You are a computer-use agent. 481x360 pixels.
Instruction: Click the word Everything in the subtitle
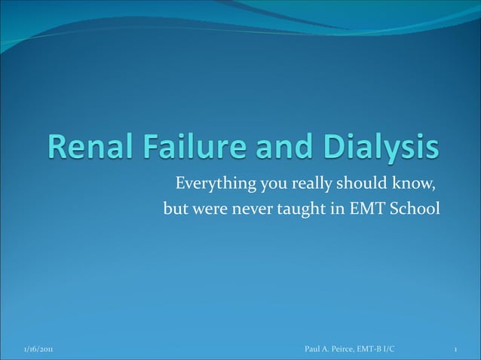tap(212, 185)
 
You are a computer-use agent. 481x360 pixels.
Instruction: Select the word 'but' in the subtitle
tap(175, 208)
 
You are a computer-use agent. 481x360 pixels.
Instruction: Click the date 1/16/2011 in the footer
tap(37, 349)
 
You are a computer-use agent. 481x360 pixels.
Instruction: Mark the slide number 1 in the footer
tap(458, 349)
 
